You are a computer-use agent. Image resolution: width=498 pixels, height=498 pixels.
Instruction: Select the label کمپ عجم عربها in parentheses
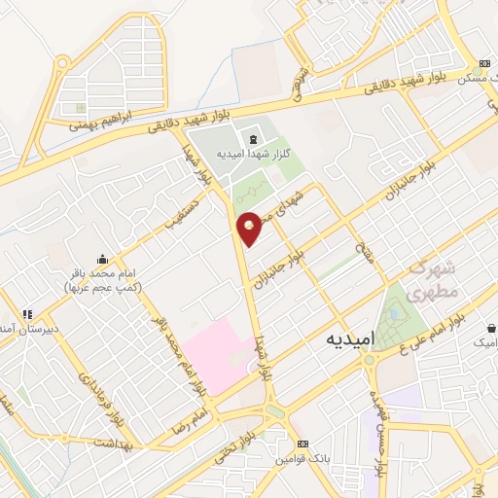pos(102,289)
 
